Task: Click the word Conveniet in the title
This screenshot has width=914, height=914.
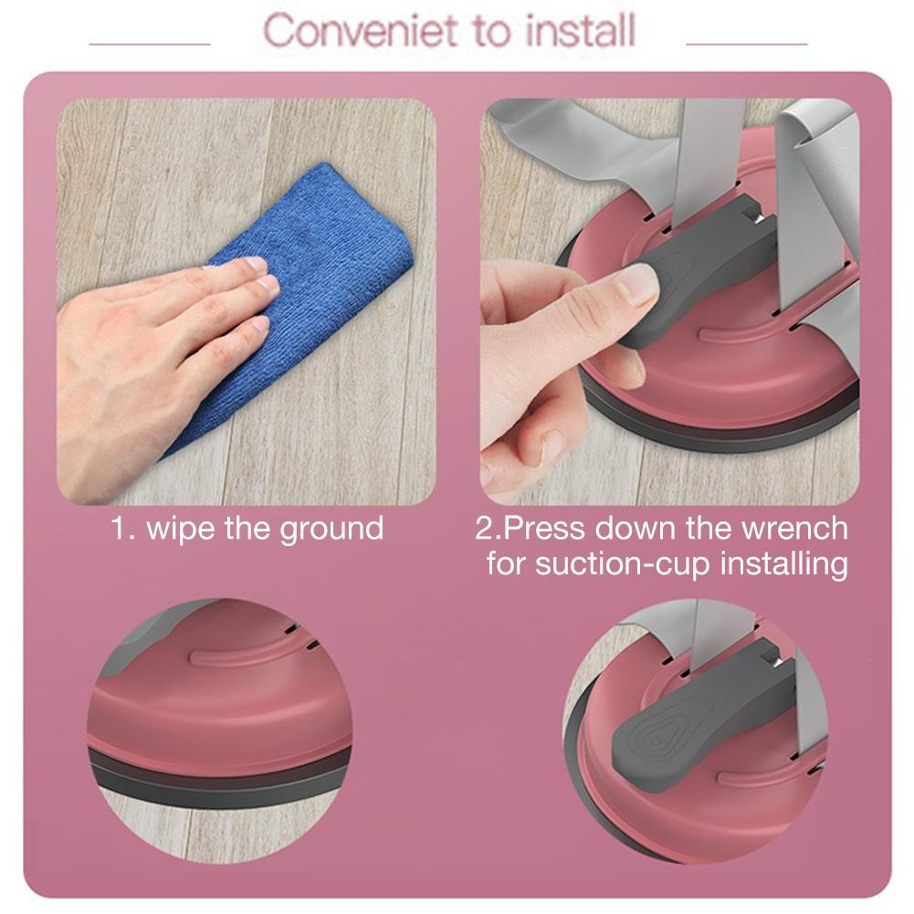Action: tap(361, 30)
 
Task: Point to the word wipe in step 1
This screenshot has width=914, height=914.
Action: tap(180, 528)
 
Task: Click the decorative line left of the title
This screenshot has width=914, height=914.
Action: tap(149, 44)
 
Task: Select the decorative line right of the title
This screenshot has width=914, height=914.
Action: tap(747, 44)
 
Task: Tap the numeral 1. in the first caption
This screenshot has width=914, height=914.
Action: tap(121, 528)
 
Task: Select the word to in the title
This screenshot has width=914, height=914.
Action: tap(492, 31)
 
